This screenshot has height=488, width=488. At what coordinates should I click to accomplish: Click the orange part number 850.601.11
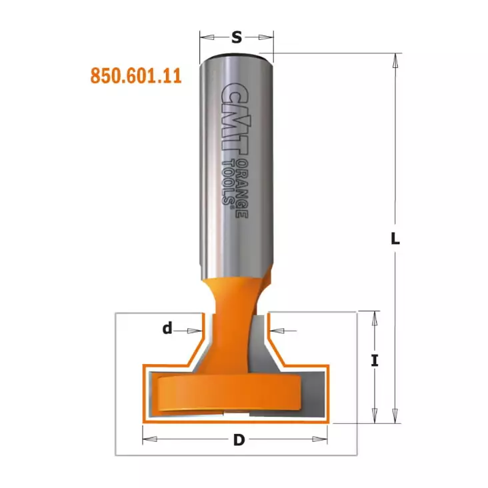[x=136, y=76]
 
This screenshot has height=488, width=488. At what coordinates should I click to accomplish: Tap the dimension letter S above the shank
[x=237, y=37]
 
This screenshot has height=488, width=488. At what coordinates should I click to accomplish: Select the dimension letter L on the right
[x=395, y=239]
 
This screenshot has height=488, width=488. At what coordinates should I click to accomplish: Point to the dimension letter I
[x=375, y=361]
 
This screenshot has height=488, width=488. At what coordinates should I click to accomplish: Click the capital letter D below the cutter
[x=239, y=440]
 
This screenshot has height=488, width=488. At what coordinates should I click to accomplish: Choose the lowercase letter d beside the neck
[x=167, y=328]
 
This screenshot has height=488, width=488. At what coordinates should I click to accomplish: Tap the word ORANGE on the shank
[x=242, y=189]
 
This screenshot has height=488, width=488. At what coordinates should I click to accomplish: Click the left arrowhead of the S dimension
[x=207, y=37]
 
